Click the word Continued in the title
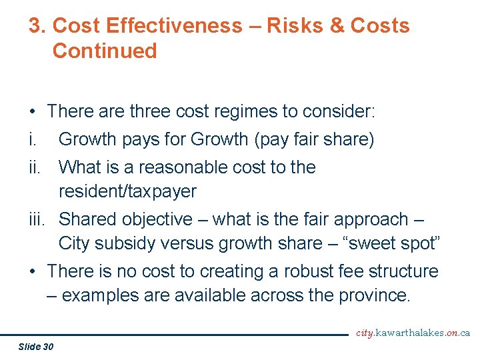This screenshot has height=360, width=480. [x=105, y=51]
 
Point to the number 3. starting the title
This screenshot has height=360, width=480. [x=37, y=26]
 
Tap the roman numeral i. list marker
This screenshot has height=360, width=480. [x=31, y=139]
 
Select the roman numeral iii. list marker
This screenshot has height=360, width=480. [x=37, y=219]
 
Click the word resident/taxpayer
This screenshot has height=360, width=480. [x=127, y=191]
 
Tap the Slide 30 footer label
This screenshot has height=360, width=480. [x=37, y=346]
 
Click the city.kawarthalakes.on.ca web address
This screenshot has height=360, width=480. [x=413, y=333]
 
